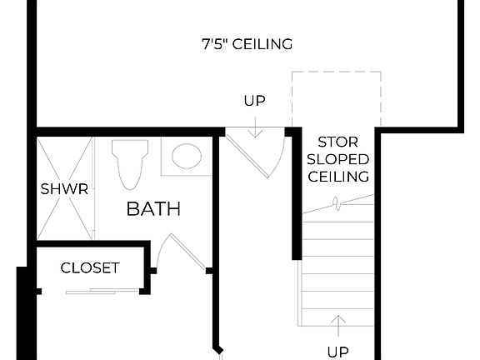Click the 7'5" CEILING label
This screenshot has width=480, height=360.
(x=247, y=43)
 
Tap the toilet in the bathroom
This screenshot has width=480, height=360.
(x=129, y=162)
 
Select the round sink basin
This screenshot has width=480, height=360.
(x=186, y=157)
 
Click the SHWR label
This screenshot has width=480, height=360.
(x=64, y=189)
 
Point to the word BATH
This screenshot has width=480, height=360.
(x=153, y=208)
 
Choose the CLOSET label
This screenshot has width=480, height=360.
(x=90, y=268)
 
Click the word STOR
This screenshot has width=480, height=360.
(x=337, y=142)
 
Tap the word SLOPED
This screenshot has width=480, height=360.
(x=337, y=159)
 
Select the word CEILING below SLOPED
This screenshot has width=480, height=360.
(x=337, y=177)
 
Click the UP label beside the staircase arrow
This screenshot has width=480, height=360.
(x=337, y=351)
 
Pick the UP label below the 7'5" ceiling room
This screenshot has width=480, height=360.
(x=254, y=101)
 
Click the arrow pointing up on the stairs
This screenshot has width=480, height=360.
(x=337, y=323)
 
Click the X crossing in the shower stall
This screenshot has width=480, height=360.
(x=64, y=189)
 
